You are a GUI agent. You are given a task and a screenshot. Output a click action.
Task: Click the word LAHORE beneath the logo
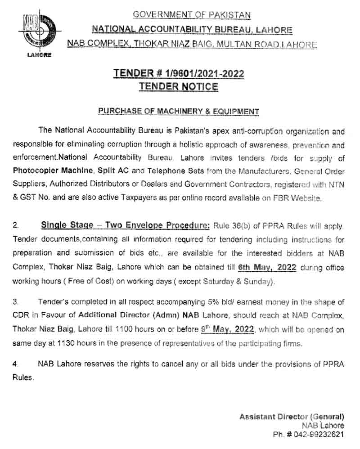(40, 55)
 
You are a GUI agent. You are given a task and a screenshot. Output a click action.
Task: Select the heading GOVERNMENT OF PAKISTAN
(192, 15)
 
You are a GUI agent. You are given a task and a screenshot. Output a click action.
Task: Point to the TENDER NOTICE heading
(179, 86)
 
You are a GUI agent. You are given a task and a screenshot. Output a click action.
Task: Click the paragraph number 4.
(15, 363)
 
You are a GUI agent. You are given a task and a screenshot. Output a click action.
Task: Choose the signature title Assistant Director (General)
(292, 417)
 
